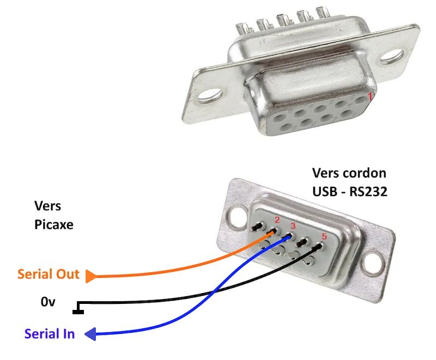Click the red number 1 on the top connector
pyautogui.click(x=370, y=97)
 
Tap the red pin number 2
pyautogui.click(x=277, y=220)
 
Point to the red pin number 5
pyautogui.click(x=324, y=237)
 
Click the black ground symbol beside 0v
pyautogui.click(x=77, y=311)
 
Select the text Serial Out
pyautogui.click(x=48, y=274)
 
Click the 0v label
pyautogui.click(x=48, y=301)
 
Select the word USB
pyautogui.click(x=325, y=192)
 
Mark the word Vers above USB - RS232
pyautogui.click(x=328, y=174)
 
